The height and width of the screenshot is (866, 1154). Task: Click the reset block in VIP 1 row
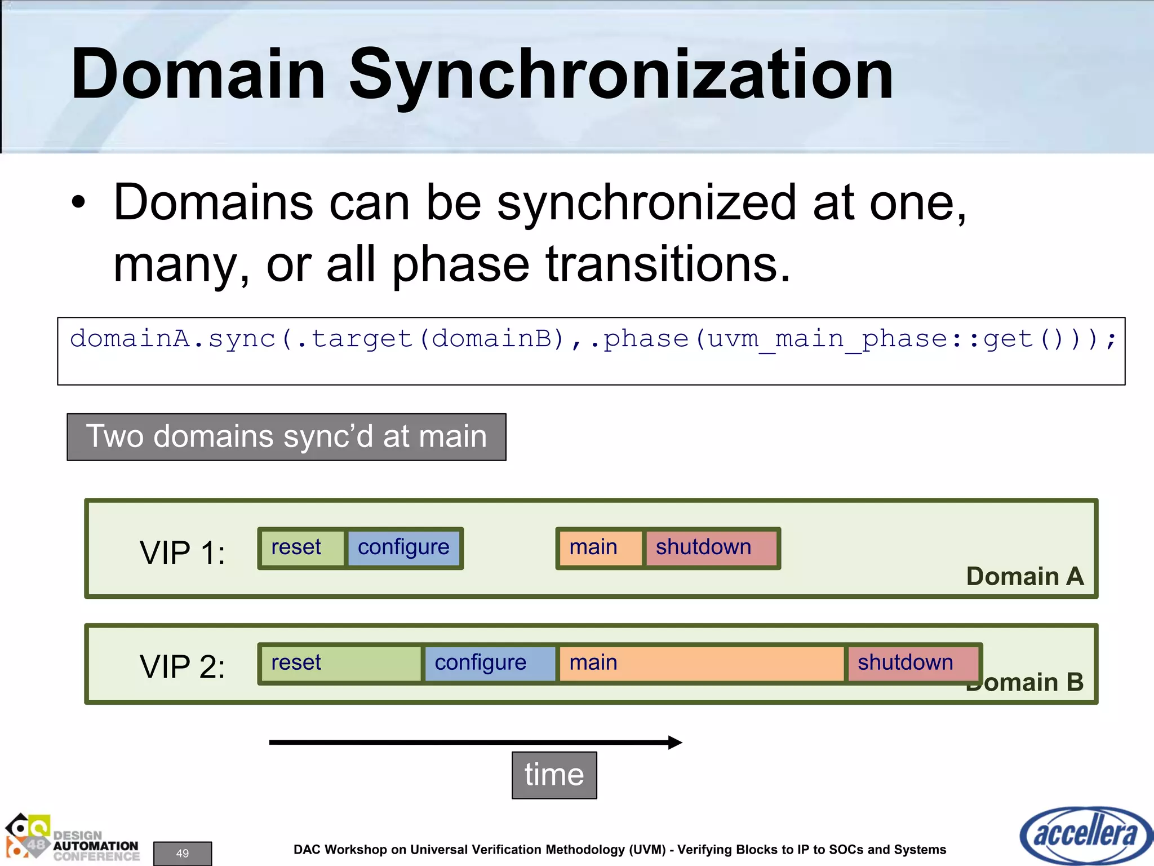click(302, 548)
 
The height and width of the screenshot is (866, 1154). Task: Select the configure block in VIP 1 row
click(403, 548)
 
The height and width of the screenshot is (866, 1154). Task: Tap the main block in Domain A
click(600, 548)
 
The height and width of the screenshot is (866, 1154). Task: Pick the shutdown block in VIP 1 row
click(710, 548)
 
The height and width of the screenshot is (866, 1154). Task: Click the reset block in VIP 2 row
click(340, 664)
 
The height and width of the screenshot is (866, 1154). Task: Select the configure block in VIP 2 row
click(489, 664)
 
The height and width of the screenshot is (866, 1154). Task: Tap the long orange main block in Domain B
click(700, 664)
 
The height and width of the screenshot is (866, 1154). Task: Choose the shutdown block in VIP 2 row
click(912, 664)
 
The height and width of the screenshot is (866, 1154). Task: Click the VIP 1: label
click(182, 553)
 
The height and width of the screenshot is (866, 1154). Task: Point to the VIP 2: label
click(182, 667)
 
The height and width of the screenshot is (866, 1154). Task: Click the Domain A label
click(1024, 577)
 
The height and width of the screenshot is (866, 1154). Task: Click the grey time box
click(554, 775)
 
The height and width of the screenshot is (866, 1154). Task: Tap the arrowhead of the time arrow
click(675, 742)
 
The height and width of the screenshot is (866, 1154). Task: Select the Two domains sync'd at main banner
click(286, 437)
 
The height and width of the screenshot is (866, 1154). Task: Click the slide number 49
click(183, 853)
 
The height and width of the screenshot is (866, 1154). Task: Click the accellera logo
click(1085, 835)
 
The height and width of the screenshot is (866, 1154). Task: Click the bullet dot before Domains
click(78, 204)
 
